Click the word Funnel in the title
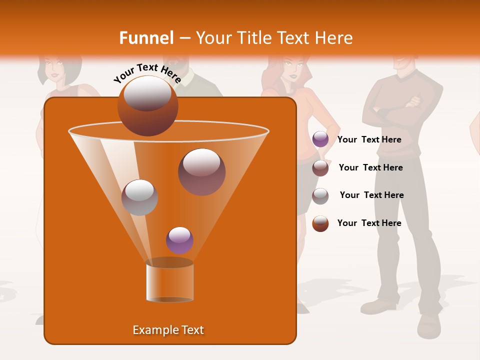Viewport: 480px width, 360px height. (x=146, y=38)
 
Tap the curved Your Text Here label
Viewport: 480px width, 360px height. (x=147, y=72)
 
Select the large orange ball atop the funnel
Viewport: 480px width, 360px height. (x=148, y=106)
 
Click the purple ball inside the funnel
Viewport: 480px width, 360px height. (x=179, y=240)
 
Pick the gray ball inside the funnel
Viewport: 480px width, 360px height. (x=139, y=197)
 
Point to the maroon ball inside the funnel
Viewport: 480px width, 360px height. (x=201, y=172)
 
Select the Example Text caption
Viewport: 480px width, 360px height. (x=168, y=330)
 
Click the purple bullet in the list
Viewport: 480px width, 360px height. (x=320, y=139)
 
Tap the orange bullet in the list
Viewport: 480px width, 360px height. (x=320, y=223)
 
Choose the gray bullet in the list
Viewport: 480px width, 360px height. (x=320, y=196)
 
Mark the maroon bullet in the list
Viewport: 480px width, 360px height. (x=320, y=168)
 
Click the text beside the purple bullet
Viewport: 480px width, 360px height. (x=369, y=140)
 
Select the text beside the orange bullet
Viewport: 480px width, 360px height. (x=369, y=223)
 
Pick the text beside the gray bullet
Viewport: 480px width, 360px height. (x=371, y=195)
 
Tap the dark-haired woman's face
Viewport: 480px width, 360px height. (x=53, y=66)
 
